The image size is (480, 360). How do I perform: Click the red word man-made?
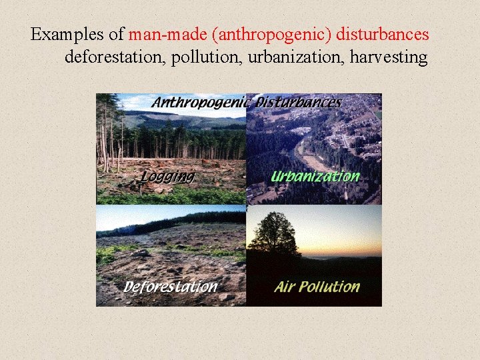(x=161, y=34)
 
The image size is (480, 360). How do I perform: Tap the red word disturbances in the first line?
(x=387, y=34)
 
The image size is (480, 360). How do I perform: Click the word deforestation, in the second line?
(x=115, y=58)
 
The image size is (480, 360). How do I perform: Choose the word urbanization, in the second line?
(x=293, y=58)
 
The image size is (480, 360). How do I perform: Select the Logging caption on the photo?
(x=167, y=177)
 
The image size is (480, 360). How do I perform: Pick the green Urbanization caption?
(x=315, y=177)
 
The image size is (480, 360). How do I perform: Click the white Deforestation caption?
(x=171, y=287)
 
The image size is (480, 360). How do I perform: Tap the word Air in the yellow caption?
(x=285, y=287)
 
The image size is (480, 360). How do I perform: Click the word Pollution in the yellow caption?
(x=329, y=287)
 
